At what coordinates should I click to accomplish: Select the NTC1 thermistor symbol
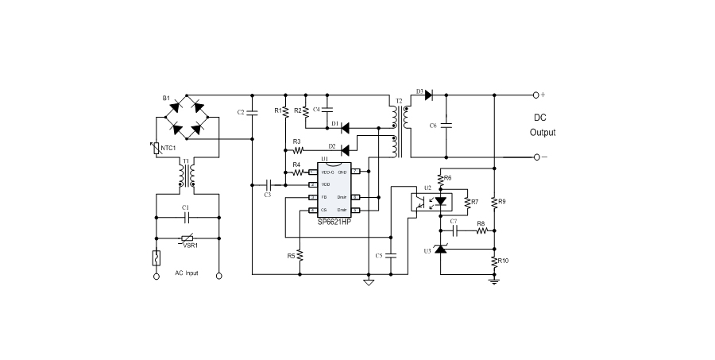157,147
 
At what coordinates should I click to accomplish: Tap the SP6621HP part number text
334,223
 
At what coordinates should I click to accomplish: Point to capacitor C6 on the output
446,125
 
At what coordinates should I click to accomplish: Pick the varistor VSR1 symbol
188,239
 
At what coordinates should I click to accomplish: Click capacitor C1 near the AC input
187,216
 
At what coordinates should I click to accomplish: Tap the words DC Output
543,125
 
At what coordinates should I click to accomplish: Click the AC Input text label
187,273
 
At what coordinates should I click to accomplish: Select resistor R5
300,256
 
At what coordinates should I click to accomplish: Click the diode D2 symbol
345,149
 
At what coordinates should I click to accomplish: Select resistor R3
298,149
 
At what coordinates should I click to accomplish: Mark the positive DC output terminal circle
536,95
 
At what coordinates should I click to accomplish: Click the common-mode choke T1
187,176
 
